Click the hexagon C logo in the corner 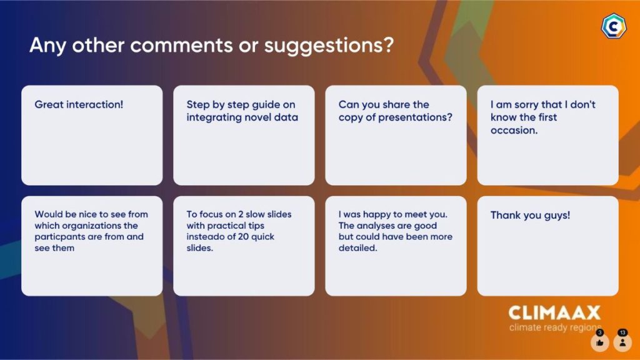[614, 26]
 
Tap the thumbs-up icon [599, 342]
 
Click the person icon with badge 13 [622, 342]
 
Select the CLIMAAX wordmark [554, 313]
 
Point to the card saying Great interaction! [92, 135]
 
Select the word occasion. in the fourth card [514, 130]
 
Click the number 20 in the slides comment [243, 237]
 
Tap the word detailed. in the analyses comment [357, 247]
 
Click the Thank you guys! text [530, 216]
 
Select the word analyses [376, 226]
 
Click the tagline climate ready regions [555, 327]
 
